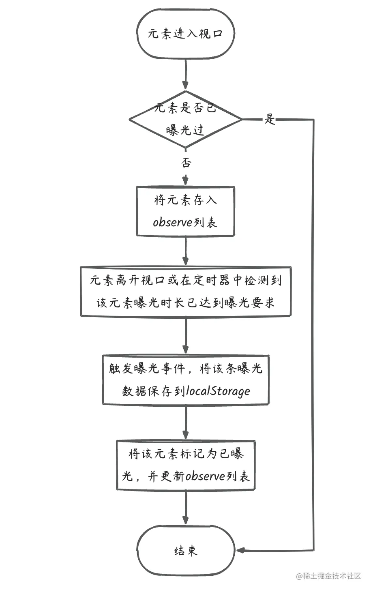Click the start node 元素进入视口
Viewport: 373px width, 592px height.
coord(186,34)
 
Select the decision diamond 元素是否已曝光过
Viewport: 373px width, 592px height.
coord(185,119)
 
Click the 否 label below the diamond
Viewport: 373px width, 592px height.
coord(186,163)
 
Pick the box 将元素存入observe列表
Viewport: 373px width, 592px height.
coord(185,211)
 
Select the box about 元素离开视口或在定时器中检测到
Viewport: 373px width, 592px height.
coord(186,292)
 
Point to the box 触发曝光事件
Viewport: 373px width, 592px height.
coord(186,380)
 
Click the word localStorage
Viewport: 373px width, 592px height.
coord(218,391)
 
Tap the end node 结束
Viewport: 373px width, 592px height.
coord(186,551)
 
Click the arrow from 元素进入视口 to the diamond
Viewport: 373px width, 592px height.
coord(186,75)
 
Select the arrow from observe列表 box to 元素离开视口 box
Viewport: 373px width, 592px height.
coord(186,251)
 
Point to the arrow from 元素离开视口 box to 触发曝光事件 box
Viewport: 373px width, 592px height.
coord(186,335)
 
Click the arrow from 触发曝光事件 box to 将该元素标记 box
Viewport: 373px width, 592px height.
coord(186,422)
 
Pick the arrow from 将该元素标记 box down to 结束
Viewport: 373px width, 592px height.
coord(186,508)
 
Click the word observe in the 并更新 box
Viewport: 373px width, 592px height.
coord(205,476)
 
